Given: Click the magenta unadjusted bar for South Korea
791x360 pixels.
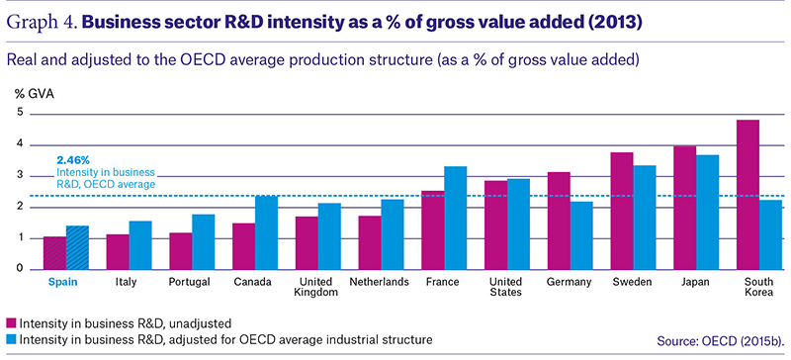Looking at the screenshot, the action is pos(747,195).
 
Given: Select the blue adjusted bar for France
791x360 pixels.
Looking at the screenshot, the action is pos(456,218).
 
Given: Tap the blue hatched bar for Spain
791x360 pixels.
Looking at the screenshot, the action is pos(77,247).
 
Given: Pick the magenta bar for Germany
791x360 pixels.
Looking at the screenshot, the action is pos(559,221).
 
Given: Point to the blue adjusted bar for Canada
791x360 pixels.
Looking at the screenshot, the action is pos(266,232).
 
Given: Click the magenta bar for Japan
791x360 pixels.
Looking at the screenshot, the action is pos(684,208).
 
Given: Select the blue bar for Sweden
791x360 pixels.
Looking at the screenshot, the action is pos(645,218).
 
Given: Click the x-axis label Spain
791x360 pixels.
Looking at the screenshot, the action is pos(62,282).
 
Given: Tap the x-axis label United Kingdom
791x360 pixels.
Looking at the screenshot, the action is pos(315,286).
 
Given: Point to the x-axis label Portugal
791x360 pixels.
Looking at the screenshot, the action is pos(189,282).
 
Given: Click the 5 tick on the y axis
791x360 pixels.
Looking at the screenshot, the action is pos(20,113).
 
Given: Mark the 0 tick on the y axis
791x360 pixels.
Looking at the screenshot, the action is pos(20,269).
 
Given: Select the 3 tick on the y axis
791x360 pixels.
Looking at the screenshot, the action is pos(20,176).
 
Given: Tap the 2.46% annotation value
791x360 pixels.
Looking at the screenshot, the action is pos(73,160).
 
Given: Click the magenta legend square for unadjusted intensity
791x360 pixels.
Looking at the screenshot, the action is pos(11,323).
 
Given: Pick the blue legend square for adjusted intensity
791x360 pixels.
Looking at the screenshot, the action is pos(11,339).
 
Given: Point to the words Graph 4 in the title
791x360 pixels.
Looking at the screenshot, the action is pos(40,23).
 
